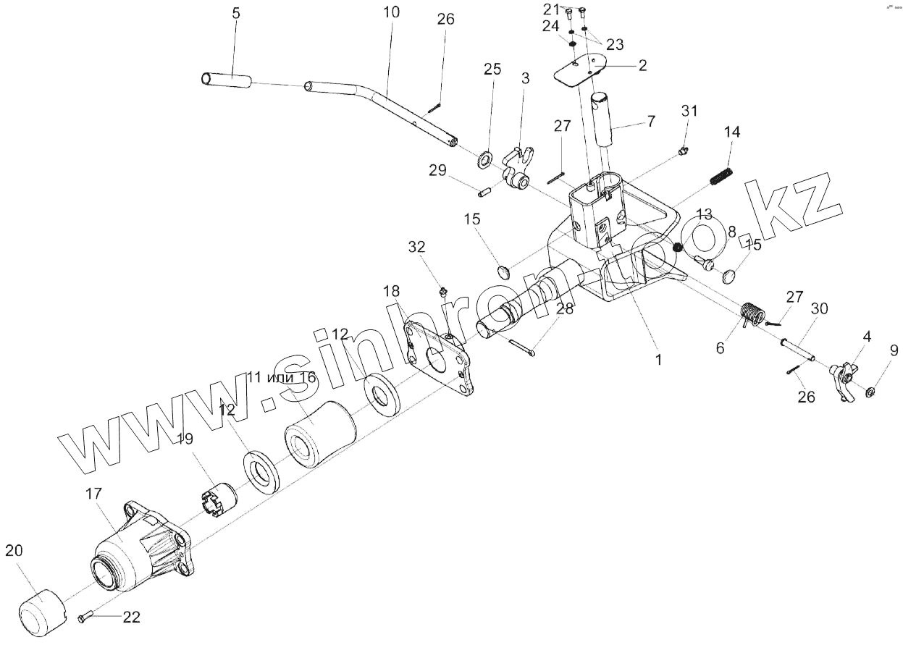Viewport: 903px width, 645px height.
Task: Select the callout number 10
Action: pyautogui.click(x=390, y=13)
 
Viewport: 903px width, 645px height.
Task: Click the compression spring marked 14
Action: pyautogui.click(x=723, y=177)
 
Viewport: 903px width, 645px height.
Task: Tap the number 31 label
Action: pyautogui.click(x=689, y=111)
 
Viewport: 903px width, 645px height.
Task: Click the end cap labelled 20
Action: pyautogui.click(x=41, y=610)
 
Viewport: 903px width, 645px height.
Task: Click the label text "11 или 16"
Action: pyautogui.click(x=282, y=377)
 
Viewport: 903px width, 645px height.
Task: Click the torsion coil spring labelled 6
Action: pyautogui.click(x=752, y=315)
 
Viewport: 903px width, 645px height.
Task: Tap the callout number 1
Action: pyautogui.click(x=658, y=358)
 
